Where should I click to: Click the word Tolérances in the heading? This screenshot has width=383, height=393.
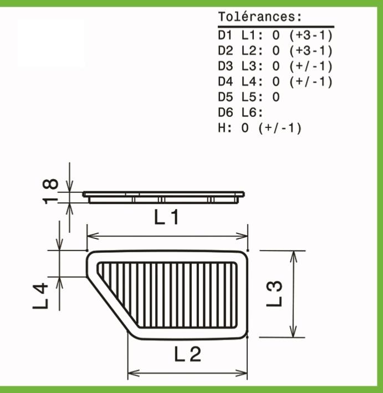click(257, 17)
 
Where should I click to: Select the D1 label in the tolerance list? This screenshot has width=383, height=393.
click(225, 35)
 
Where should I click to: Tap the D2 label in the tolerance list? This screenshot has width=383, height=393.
click(226, 51)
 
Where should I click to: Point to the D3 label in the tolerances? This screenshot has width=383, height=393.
click(226, 67)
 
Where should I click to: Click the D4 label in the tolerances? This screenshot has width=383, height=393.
click(226, 81)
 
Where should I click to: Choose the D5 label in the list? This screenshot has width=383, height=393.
click(226, 97)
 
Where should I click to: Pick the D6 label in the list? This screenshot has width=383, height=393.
click(226, 113)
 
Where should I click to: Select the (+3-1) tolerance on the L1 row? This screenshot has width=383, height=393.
click(311, 35)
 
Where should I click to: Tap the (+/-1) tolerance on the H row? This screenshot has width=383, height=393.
click(280, 129)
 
